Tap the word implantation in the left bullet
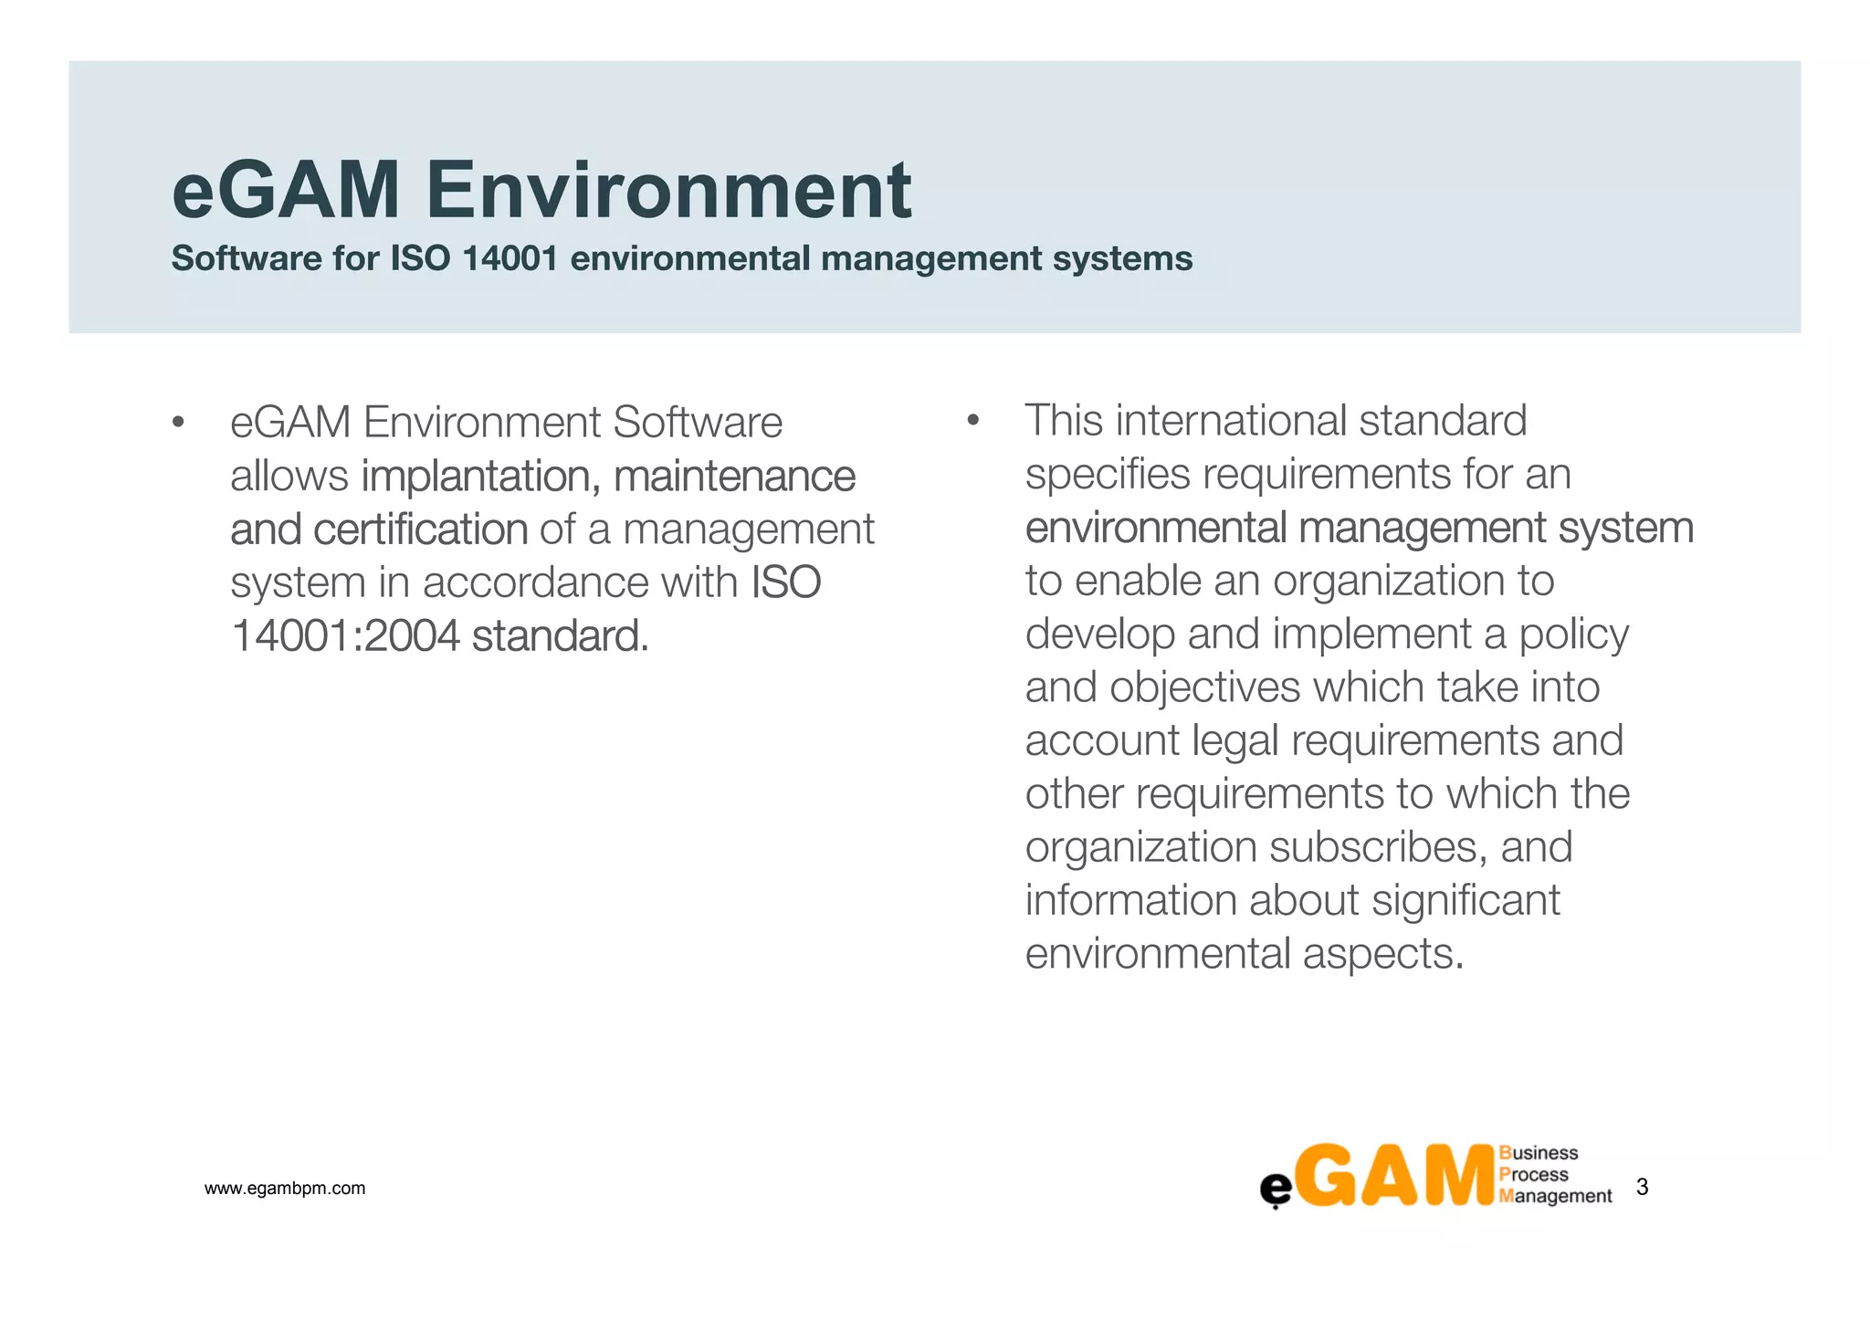(480, 477)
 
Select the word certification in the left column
(420, 529)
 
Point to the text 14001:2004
(345, 636)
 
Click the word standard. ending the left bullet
(560, 636)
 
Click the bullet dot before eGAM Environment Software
(178, 423)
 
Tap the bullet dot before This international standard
(972, 421)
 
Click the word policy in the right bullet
(1573, 634)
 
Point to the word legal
(1235, 740)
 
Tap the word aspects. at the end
(1382, 954)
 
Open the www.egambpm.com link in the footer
(285, 1189)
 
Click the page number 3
(1642, 1187)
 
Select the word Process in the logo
(1533, 1175)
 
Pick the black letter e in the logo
(1276, 1190)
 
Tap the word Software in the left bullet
(698, 423)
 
